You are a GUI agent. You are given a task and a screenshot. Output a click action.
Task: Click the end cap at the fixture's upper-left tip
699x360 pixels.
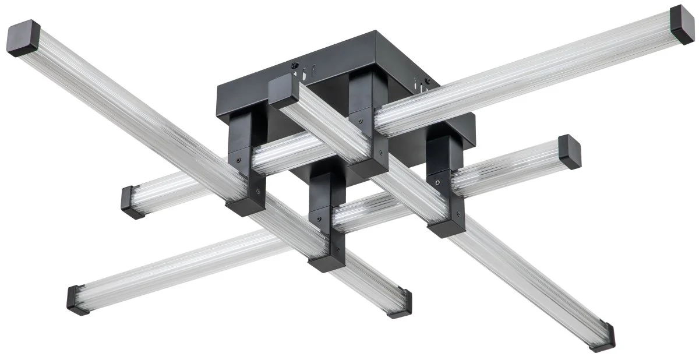click(x=23, y=38)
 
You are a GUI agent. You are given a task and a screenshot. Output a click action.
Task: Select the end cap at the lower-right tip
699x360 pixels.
click(x=602, y=336)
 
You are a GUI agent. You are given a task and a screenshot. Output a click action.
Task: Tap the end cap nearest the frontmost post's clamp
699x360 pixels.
click(x=400, y=303)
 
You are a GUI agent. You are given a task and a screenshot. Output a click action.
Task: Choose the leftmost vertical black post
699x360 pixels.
click(x=245, y=151)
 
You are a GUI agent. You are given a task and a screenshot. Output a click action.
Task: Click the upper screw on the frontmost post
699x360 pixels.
click(x=318, y=221)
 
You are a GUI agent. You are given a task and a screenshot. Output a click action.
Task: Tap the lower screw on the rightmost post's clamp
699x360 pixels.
click(x=459, y=214)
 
